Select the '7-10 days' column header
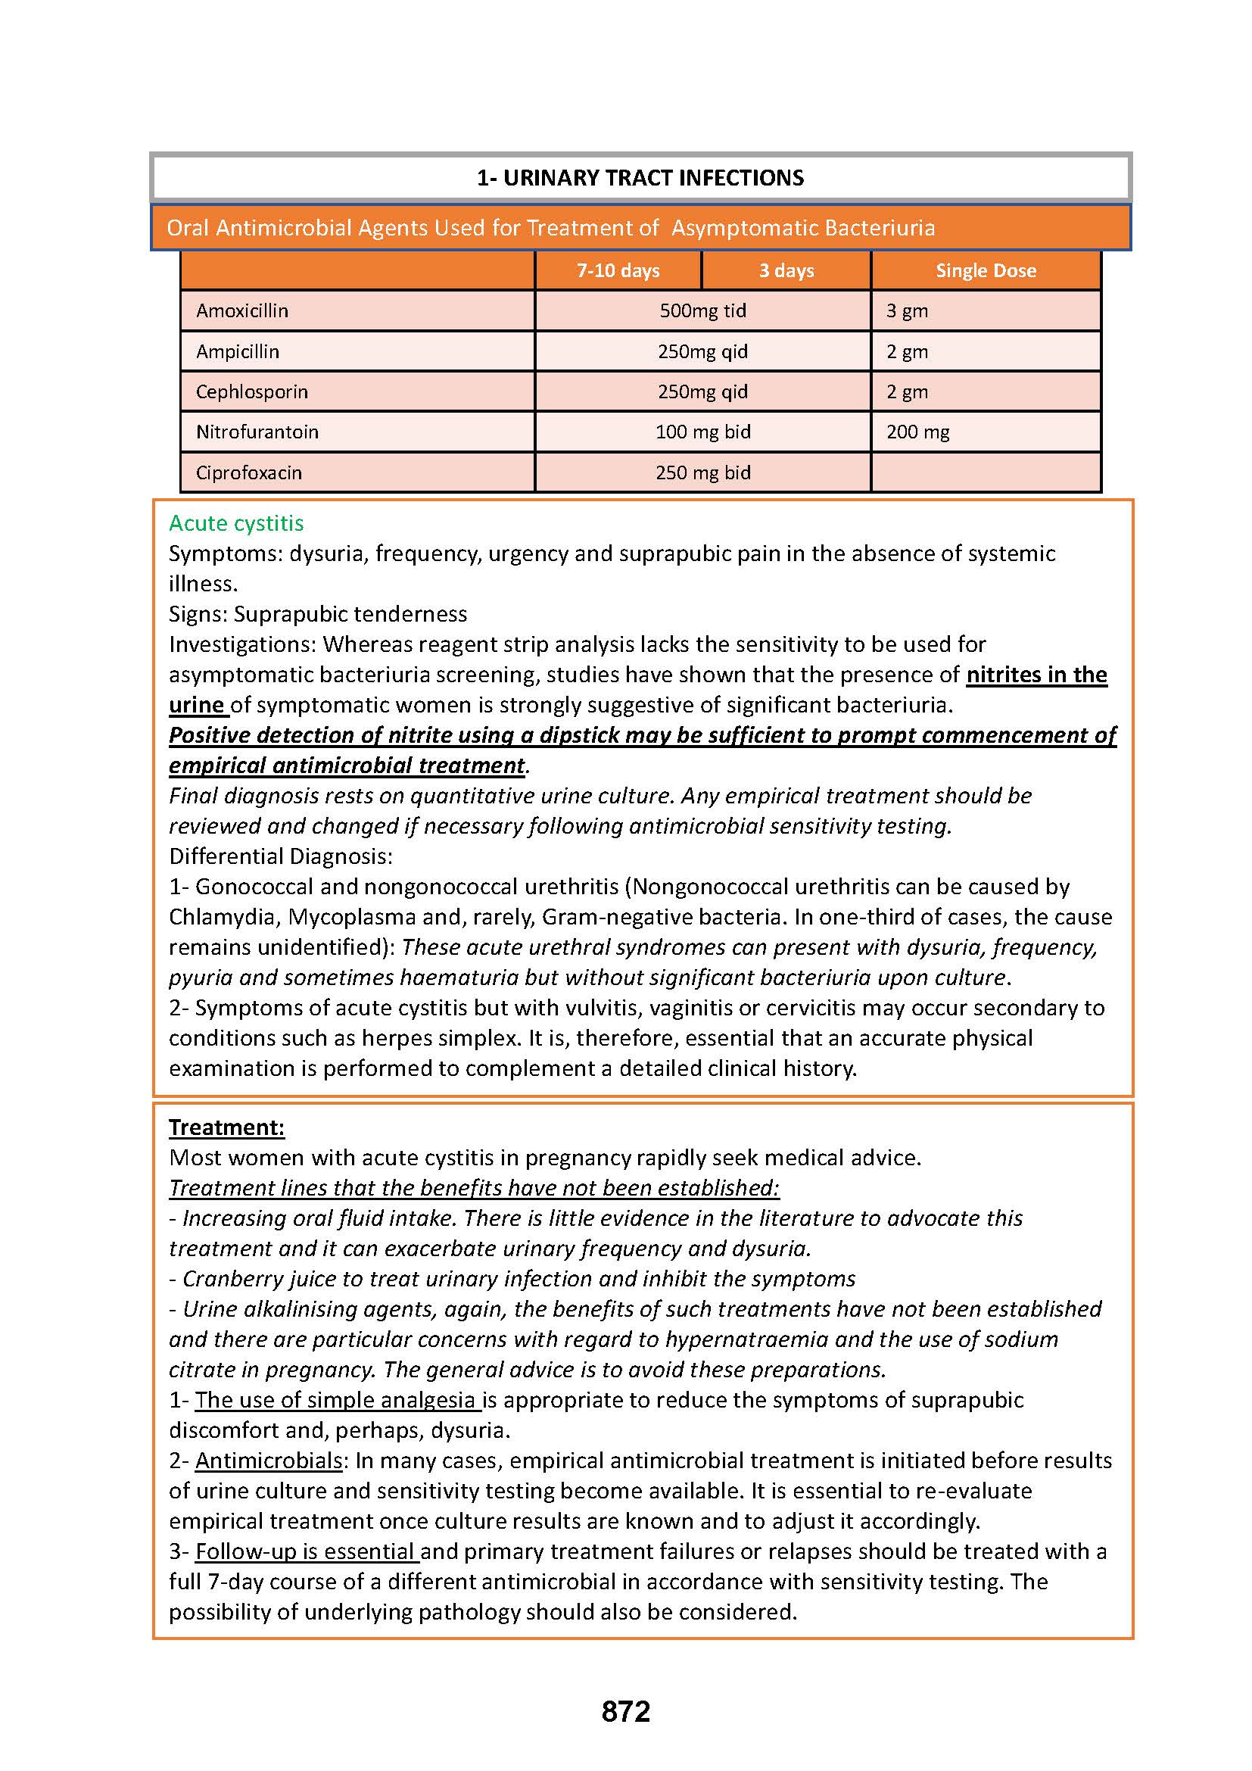tap(618, 271)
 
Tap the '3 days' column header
tap(786, 271)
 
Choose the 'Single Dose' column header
tap(986, 271)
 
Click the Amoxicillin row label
tap(242, 311)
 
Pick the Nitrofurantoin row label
tap(257, 432)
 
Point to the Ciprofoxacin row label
tap(248, 472)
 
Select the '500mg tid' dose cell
tap(702, 311)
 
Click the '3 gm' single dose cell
tap(907, 311)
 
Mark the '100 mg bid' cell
tap(702, 432)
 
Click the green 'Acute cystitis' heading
tap(236, 523)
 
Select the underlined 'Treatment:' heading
tap(226, 1127)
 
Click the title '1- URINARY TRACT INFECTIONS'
tap(640, 178)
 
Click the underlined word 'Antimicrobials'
tap(268, 1460)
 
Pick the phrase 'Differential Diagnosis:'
tap(281, 856)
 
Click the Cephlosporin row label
tap(251, 392)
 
